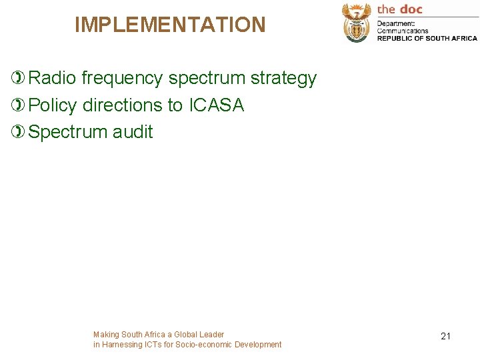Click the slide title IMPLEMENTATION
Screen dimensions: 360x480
click(170, 25)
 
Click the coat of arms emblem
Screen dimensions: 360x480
click(357, 22)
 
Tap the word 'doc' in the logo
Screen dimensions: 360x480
click(411, 9)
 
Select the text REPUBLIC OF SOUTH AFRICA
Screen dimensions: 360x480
click(427, 38)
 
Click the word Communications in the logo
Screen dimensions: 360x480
click(403, 31)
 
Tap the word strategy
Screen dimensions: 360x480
click(283, 79)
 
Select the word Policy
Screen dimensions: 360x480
click(53, 105)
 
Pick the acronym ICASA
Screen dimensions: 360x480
click(217, 105)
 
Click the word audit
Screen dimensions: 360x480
click(133, 132)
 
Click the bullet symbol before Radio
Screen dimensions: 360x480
click(19, 79)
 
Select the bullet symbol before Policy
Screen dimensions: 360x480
click(19, 105)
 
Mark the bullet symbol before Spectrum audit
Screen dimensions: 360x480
click(19, 132)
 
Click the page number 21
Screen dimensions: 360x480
click(445, 336)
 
